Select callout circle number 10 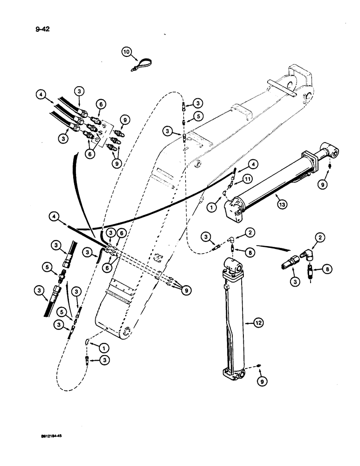[127, 53]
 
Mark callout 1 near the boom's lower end [105, 345]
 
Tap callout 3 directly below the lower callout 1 [105, 361]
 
